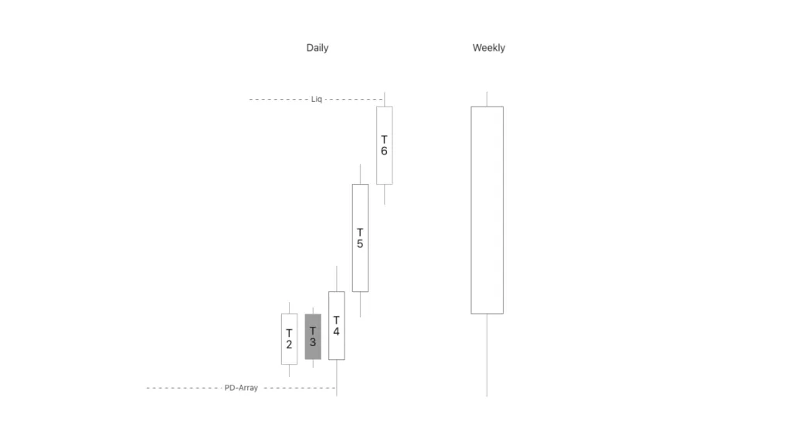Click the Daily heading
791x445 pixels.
coord(317,48)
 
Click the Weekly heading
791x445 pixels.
coord(489,48)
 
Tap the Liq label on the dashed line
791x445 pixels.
coord(316,100)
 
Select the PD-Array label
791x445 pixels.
coord(241,388)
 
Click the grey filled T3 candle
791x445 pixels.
coord(313,337)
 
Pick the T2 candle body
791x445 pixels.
coord(289,338)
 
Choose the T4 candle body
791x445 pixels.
coord(337,325)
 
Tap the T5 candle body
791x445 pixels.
coord(360,238)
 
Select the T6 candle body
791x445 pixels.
coord(385,145)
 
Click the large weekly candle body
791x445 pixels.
coord(487,210)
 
